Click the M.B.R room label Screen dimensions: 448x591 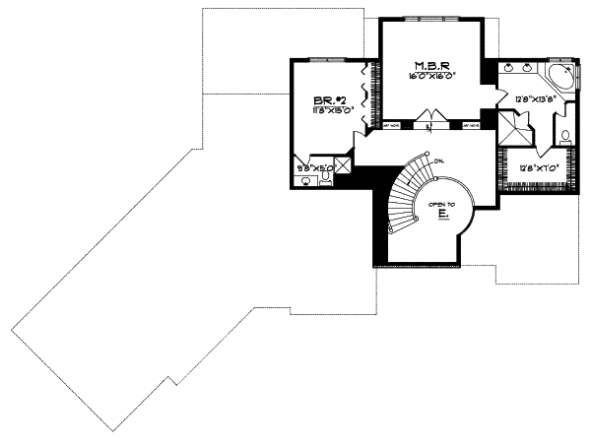(x=426, y=65)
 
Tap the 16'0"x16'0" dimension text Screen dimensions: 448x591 (x=426, y=76)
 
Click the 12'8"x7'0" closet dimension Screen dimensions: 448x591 (x=539, y=168)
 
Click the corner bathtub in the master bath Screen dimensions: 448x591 (x=562, y=79)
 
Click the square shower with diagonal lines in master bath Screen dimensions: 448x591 (x=511, y=127)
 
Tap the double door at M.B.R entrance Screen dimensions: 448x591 (x=427, y=123)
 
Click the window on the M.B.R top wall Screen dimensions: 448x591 (x=428, y=19)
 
